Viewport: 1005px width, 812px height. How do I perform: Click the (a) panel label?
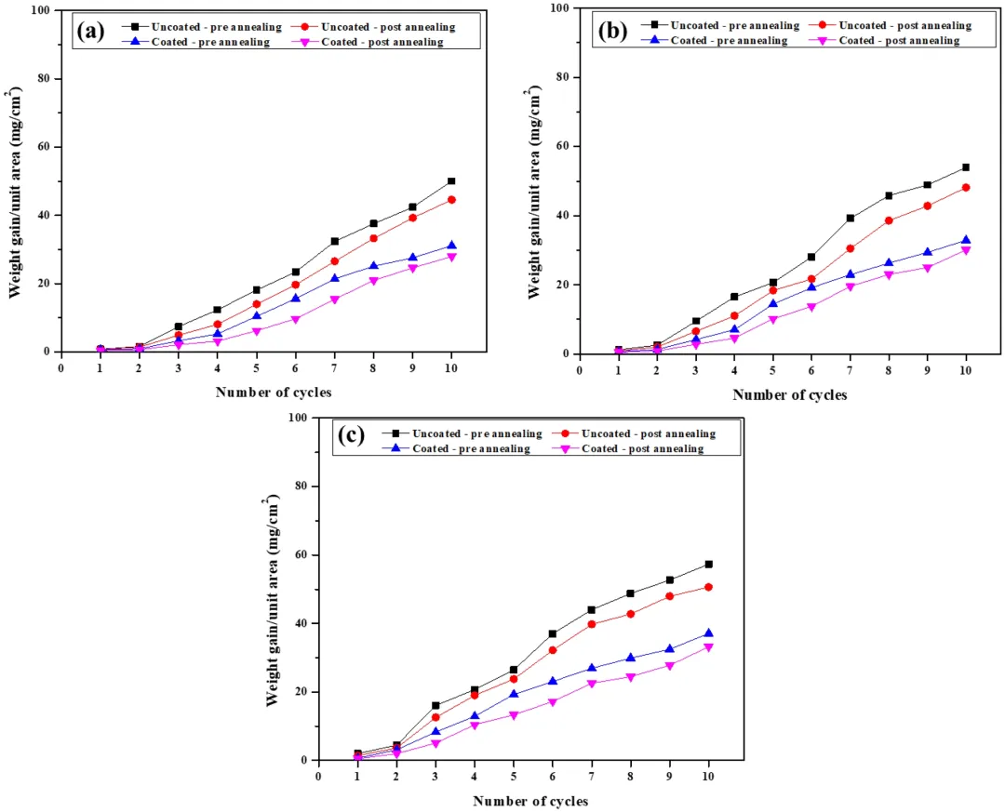pos(90,31)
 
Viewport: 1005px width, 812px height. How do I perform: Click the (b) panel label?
pos(610,31)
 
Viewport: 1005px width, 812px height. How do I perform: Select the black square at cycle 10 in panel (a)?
pos(451,181)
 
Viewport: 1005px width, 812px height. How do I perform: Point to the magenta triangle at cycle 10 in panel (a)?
pos(451,257)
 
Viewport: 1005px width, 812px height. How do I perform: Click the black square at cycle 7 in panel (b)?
pos(850,219)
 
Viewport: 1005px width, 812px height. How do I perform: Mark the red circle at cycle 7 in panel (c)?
pos(592,624)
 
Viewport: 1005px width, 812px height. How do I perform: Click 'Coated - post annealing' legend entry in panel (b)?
pos(900,40)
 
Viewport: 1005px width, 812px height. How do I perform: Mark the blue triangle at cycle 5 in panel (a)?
pos(256,317)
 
